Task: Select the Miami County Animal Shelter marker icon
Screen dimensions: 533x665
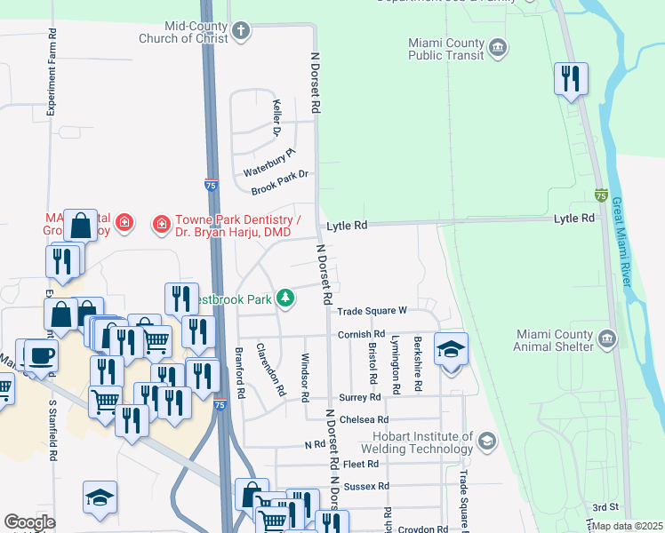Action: coord(607,338)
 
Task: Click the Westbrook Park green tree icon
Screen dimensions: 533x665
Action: coord(285,298)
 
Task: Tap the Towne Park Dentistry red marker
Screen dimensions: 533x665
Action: coord(161,222)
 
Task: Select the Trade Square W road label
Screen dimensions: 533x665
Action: coord(372,311)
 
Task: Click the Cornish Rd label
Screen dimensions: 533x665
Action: coord(359,334)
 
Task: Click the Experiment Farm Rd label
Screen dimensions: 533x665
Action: coord(52,72)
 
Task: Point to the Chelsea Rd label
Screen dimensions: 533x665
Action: coord(369,419)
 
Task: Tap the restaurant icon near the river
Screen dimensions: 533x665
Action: coord(570,79)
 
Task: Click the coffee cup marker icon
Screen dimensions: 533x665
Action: coord(39,355)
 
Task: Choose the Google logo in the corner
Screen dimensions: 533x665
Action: coord(29,522)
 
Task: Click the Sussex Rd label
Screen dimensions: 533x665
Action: coord(372,486)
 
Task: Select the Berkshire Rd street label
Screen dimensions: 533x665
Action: coord(416,367)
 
